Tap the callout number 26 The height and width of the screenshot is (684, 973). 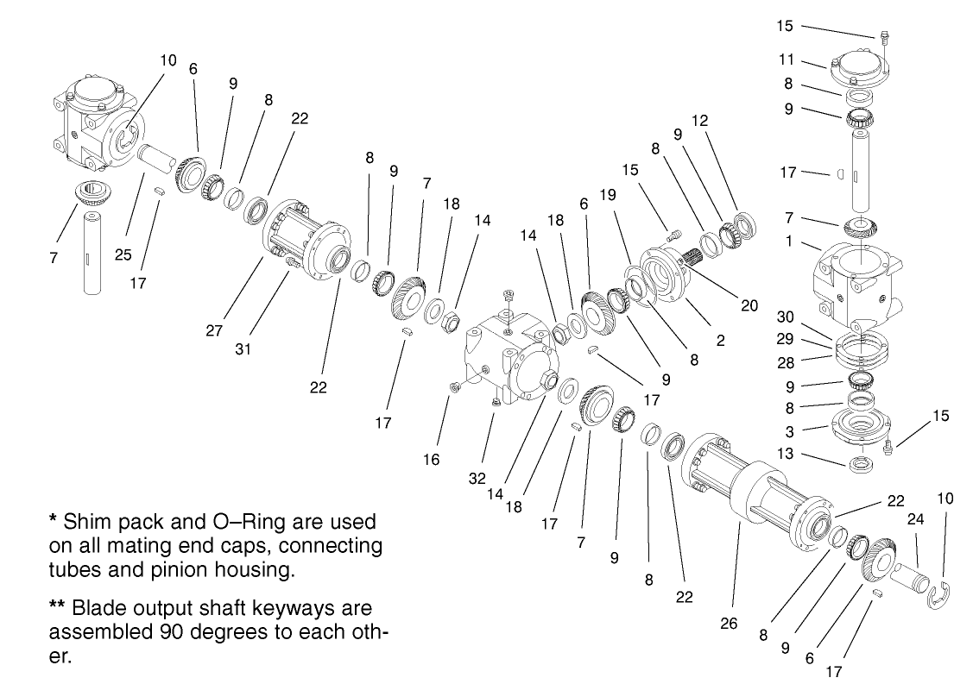(x=729, y=622)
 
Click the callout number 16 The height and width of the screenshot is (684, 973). (x=431, y=460)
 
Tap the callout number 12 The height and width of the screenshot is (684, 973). (x=699, y=121)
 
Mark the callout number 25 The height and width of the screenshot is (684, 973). (x=124, y=256)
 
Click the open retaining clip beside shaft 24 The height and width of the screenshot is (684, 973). (x=938, y=596)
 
